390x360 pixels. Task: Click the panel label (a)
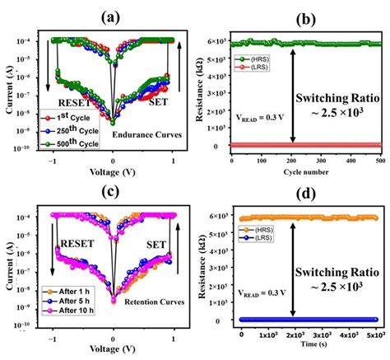[110, 16]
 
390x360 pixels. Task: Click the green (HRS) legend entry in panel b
[256, 59]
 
